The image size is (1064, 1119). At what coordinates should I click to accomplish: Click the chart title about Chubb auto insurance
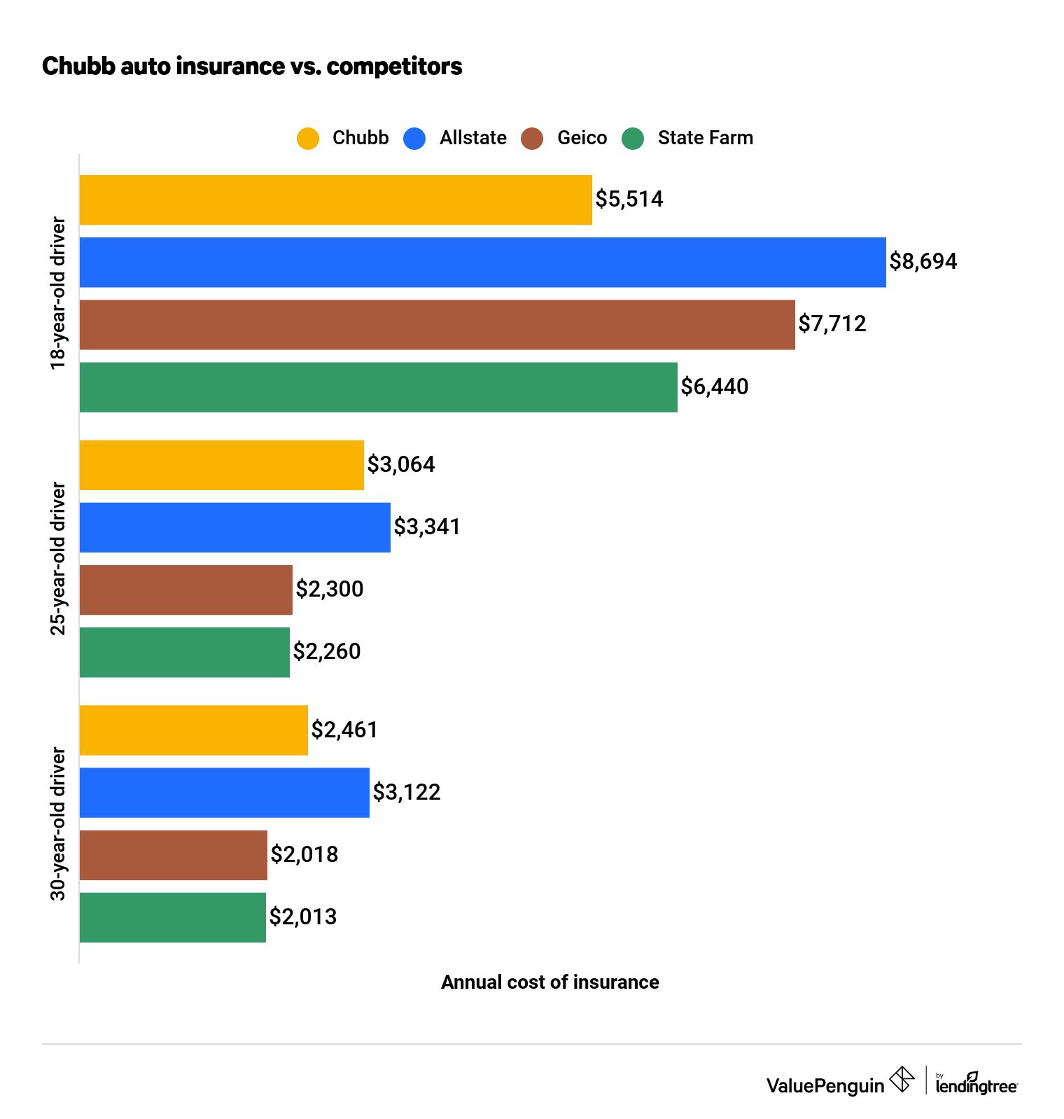252,67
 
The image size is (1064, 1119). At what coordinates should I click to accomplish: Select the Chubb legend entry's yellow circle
308,139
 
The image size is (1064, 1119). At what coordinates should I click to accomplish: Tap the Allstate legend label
472,138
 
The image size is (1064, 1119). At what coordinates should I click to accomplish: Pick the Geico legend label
582,138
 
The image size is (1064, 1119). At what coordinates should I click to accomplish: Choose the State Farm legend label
705,138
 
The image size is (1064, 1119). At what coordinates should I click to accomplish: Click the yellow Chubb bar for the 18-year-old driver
335,200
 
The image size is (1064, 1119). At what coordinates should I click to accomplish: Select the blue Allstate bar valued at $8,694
482,263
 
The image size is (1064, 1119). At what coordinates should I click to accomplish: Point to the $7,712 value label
832,324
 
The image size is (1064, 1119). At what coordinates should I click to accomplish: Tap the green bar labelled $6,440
378,387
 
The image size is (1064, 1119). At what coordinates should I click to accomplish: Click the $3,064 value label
401,465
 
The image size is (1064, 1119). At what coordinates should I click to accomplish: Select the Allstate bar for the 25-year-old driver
234,527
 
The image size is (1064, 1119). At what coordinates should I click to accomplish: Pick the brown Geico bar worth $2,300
185,590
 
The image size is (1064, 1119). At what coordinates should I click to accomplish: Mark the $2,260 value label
327,652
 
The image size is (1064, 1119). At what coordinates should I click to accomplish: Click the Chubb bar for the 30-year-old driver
193,730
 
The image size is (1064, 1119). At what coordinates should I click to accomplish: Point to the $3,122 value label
407,793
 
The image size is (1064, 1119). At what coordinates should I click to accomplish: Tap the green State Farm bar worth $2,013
172,917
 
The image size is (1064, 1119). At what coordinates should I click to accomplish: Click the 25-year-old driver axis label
58,559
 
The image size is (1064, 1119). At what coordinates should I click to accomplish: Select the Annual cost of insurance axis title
549,982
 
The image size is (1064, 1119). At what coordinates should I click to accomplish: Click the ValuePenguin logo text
825,1086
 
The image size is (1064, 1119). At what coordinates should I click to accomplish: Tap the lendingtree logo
976,1084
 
